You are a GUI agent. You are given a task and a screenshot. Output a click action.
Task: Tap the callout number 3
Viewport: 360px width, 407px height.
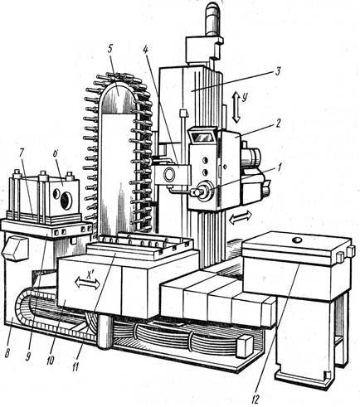tap(277, 71)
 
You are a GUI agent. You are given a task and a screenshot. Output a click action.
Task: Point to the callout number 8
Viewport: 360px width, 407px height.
tap(9, 352)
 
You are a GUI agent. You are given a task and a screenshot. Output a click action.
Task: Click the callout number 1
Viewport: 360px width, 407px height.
tap(280, 167)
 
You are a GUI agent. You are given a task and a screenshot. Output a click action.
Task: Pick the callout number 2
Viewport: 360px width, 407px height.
tap(278, 123)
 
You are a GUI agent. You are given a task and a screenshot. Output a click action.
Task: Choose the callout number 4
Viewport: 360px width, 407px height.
tap(146, 50)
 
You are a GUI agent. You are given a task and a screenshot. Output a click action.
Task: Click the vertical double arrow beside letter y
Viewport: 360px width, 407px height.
tap(236, 108)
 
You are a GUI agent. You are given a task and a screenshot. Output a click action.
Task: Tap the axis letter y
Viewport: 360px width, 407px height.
tap(244, 97)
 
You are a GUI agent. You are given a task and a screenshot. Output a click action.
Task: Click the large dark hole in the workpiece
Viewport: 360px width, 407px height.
tap(66, 201)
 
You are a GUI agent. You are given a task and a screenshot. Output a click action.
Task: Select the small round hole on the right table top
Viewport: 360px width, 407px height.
tap(298, 240)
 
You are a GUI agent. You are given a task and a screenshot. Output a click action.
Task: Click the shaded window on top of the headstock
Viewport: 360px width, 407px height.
tap(202, 137)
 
